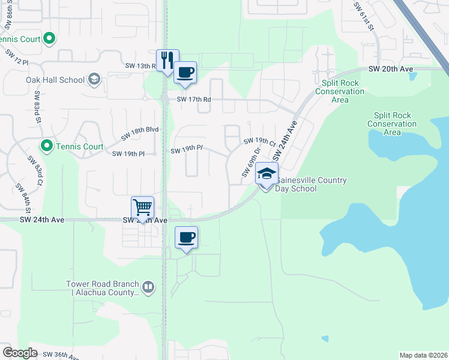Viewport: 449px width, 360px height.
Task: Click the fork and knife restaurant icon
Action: coord(167,60)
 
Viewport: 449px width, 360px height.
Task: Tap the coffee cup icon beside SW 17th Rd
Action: coord(185,73)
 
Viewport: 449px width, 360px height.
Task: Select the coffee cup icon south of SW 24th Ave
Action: coord(186,238)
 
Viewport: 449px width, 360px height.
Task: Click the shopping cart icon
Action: coord(143,208)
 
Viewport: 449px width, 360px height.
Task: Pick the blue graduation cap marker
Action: coord(267,174)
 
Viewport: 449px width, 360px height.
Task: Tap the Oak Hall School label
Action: coord(55,80)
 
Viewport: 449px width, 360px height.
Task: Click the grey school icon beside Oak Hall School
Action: coord(94,79)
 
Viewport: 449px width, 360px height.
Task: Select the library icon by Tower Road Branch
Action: coord(148,289)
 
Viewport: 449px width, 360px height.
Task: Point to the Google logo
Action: coord(20,353)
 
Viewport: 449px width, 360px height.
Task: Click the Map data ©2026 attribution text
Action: coord(423,355)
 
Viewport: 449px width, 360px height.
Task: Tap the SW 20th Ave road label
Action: coord(391,69)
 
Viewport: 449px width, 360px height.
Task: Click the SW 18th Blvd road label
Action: coord(139,133)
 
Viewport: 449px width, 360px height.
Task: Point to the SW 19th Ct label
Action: coord(259,142)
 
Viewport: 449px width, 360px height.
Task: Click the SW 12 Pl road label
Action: coord(17,57)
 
